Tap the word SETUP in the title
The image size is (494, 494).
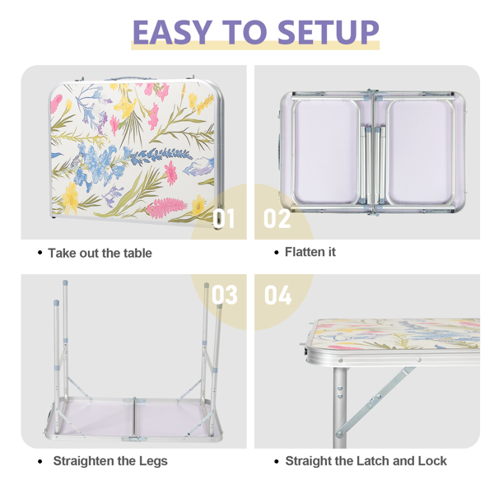pos(329,32)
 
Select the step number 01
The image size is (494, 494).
pos(224,218)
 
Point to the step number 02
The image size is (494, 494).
pos(277,218)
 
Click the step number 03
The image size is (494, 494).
pos(224,295)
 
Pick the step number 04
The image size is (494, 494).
pos(278,295)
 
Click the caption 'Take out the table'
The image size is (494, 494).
pos(100,253)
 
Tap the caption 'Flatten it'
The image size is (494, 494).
pos(310,252)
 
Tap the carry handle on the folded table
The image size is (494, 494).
pos(130,78)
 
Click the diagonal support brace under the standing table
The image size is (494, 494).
pos(375,402)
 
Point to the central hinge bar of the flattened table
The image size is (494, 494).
pos(373,152)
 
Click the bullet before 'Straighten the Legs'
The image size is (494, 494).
pos(40,462)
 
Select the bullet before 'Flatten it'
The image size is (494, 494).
pos(277,253)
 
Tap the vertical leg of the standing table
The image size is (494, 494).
pos(340,407)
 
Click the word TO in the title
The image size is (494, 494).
pos(245,32)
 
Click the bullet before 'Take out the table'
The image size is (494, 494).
pos(40,253)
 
